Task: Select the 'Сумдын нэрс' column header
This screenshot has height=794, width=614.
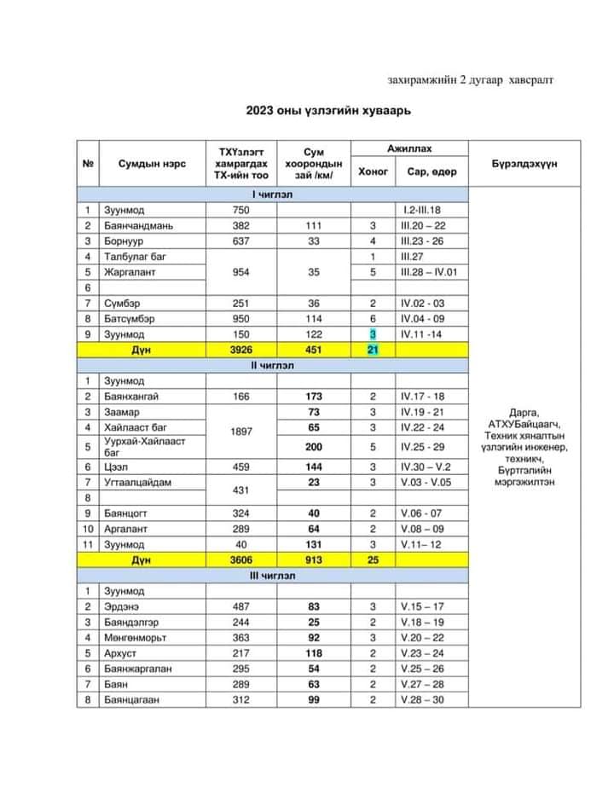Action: (148, 164)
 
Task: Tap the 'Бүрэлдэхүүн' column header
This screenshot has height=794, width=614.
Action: (524, 164)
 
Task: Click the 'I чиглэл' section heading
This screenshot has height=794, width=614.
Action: (273, 194)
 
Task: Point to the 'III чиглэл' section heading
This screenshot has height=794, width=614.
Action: (273, 576)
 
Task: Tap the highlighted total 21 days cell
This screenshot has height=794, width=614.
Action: (373, 350)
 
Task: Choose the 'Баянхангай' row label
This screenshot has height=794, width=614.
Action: (132, 397)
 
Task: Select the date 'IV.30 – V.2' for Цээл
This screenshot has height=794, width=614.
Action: (430, 467)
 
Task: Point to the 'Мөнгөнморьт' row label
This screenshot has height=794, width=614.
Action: (134, 637)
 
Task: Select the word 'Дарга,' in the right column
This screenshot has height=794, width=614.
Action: (524, 410)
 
